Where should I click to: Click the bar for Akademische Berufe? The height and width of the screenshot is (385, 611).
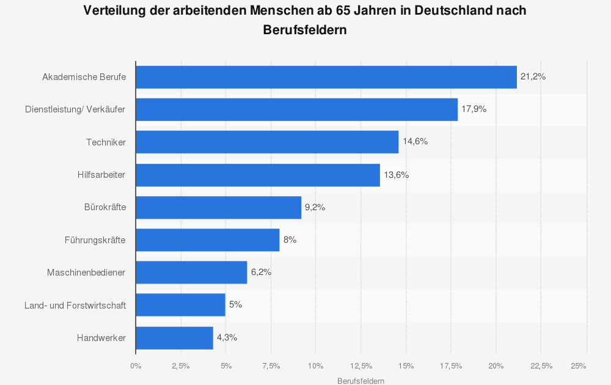click(326, 77)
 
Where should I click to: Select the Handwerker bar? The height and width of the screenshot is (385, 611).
click(174, 338)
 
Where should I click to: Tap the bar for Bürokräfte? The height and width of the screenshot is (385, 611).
click(218, 207)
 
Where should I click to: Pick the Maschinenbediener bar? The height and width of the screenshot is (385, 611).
click(191, 273)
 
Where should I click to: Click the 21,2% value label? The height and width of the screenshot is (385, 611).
click(533, 77)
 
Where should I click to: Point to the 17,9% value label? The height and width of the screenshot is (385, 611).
click(474, 109)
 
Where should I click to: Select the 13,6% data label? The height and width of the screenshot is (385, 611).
click(396, 175)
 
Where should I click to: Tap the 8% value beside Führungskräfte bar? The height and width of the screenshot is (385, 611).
click(290, 240)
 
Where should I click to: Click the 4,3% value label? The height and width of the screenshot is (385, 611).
click(227, 338)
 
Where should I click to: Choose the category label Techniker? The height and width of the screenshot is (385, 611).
click(106, 142)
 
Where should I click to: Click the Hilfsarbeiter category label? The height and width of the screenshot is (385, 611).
click(101, 175)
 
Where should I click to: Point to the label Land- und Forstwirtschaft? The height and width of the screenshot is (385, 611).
click(75, 305)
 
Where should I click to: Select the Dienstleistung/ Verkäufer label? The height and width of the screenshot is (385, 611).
click(75, 109)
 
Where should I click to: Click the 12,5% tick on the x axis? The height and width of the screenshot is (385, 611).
click(361, 366)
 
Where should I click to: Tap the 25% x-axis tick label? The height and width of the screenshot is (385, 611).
click(579, 366)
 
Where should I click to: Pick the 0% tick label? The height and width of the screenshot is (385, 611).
click(136, 366)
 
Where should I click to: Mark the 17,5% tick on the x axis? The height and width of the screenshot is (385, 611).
click(452, 366)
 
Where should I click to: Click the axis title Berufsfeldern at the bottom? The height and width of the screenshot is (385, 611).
click(361, 381)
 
